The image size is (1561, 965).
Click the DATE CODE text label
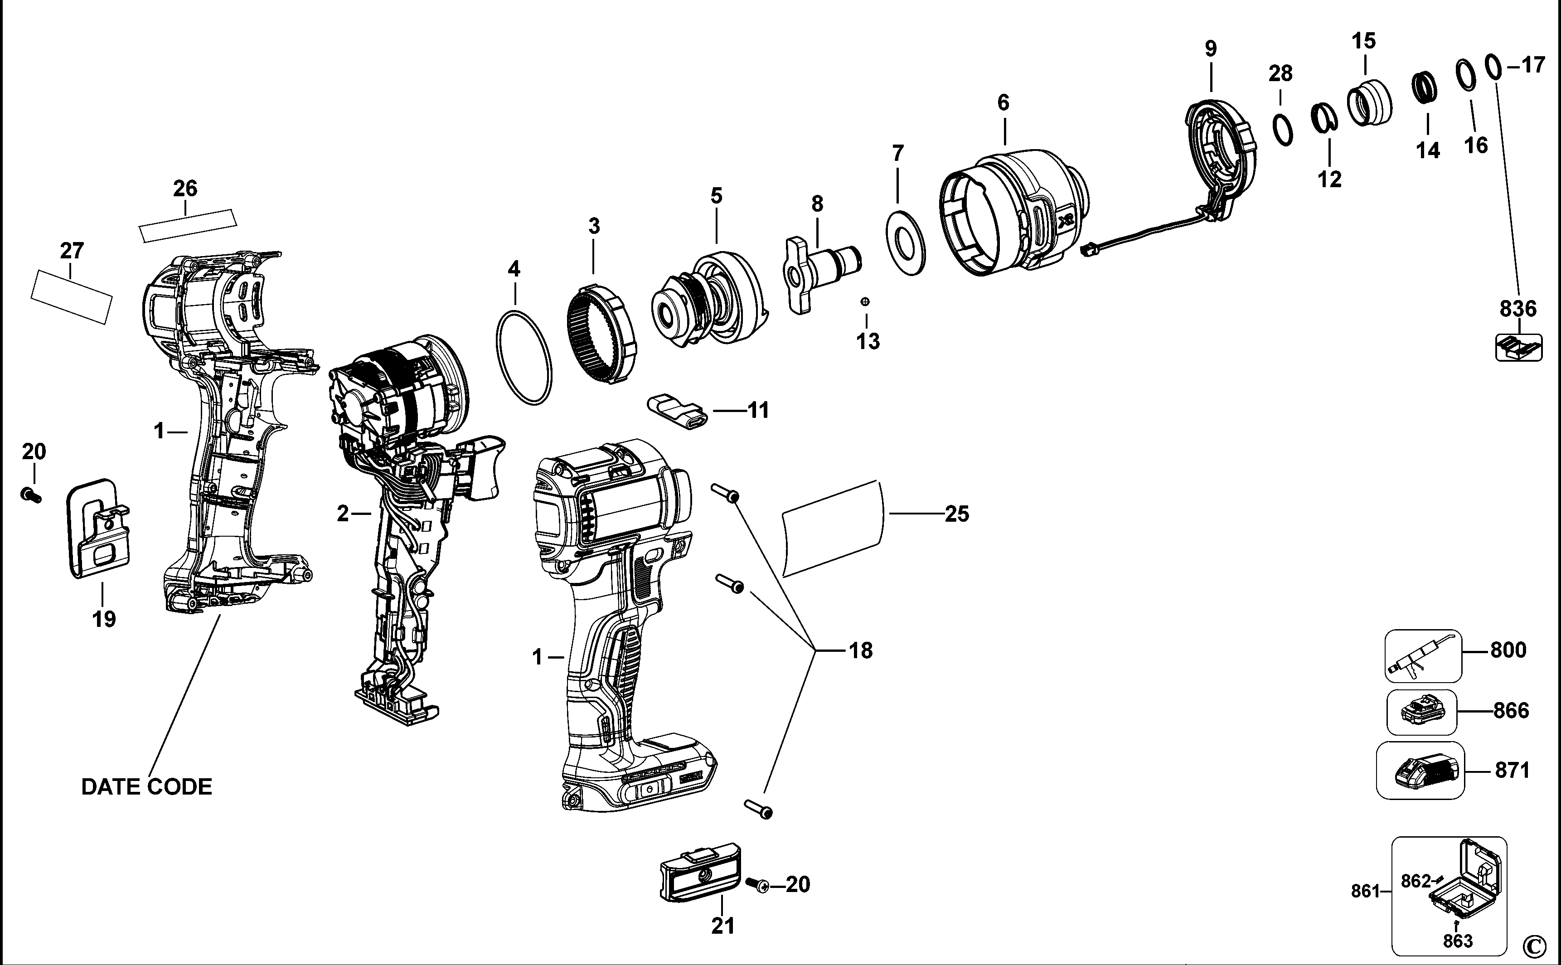point(147,787)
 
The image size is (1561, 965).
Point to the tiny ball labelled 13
point(865,301)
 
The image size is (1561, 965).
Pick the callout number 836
point(1518,309)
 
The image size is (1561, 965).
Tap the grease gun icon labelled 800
point(1421,655)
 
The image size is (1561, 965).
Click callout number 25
point(957,514)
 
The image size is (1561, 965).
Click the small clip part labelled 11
point(678,412)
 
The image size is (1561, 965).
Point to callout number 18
point(860,650)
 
